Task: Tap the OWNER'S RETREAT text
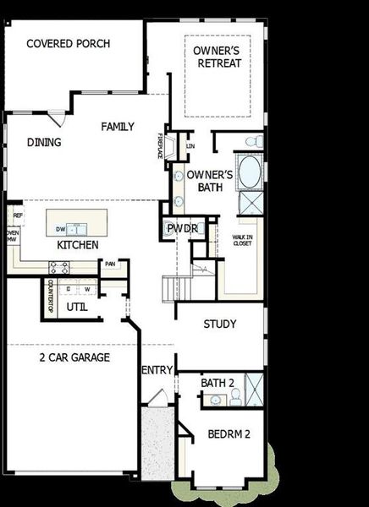pyautogui.click(x=217, y=57)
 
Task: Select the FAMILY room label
pyautogui.click(x=118, y=126)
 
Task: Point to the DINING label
pyautogui.click(x=44, y=143)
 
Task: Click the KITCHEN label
pyautogui.click(x=78, y=245)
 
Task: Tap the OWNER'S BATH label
pyautogui.click(x=204, y=181)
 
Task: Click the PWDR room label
pyautogui.click(x=182, y=229)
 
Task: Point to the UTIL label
pyautogui.click(x=77, y=306)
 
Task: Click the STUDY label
pyautogui.click(x=220, y=324)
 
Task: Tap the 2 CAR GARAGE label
pyautogui.click(x=74, y=357)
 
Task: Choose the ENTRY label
pyautogui.click(x=157, y=370)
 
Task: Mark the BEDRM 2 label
pyautogui.click(x=229, y=435)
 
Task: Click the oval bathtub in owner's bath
pyautogui.click(x=251, y=172)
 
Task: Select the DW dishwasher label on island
pyautogui.click(x=60, y=229)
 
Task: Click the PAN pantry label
pyautogui.click(x=110, y=264)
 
